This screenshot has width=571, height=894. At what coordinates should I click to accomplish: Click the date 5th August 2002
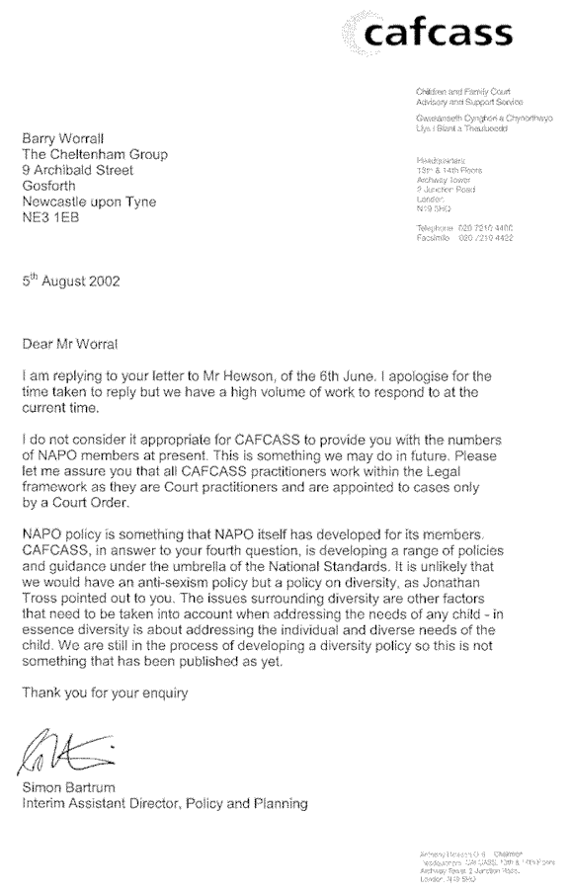click(x=71, y=281)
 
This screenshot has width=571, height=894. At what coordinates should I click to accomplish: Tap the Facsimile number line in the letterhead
click(x=464, y=238)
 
